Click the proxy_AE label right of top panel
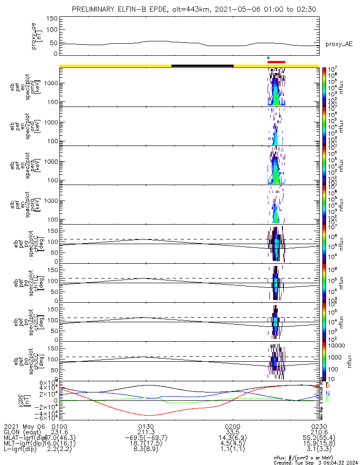coord(339,44)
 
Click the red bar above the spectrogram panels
coord(276,61)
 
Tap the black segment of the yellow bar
coord(202,66)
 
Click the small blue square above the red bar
coord(268,58)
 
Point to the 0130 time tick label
coord(146,426)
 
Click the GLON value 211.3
coord(146,432)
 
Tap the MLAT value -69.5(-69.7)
coord(146,438)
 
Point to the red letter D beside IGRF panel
coord(327,385)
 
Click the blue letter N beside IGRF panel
coord(327,393)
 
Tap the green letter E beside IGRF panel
coord(327,399)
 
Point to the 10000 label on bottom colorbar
coord(337,345)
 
